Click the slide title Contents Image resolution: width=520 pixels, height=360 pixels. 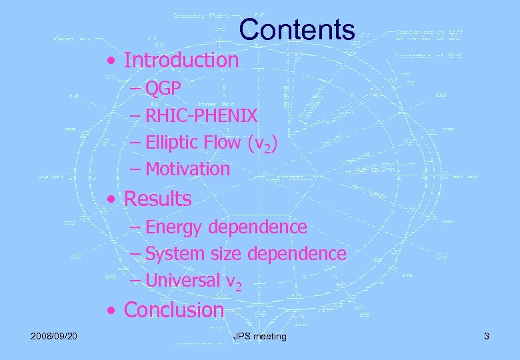(297, 29)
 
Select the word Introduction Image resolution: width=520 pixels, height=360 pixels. (181, 60)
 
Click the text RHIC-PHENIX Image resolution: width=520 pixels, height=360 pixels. (201, 115)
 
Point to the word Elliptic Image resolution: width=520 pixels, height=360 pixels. (171, 142)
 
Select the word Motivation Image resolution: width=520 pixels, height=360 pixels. (187, 169)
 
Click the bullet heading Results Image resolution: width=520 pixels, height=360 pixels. (157, 199)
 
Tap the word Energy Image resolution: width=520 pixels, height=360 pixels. (174, 227)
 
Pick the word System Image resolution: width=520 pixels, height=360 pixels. (173, 254)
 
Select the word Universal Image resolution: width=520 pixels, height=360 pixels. (182, 281)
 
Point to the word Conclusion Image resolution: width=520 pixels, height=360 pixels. (174, 310)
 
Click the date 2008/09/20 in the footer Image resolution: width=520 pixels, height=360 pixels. (54, 336)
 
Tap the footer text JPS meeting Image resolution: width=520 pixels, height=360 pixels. (260, 336)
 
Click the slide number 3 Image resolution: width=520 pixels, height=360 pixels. (487, 336)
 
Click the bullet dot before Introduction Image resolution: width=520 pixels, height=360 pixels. (116, 61)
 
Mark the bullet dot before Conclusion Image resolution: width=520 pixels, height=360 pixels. (116, 311)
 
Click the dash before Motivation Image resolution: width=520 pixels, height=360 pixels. (136, 169)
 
